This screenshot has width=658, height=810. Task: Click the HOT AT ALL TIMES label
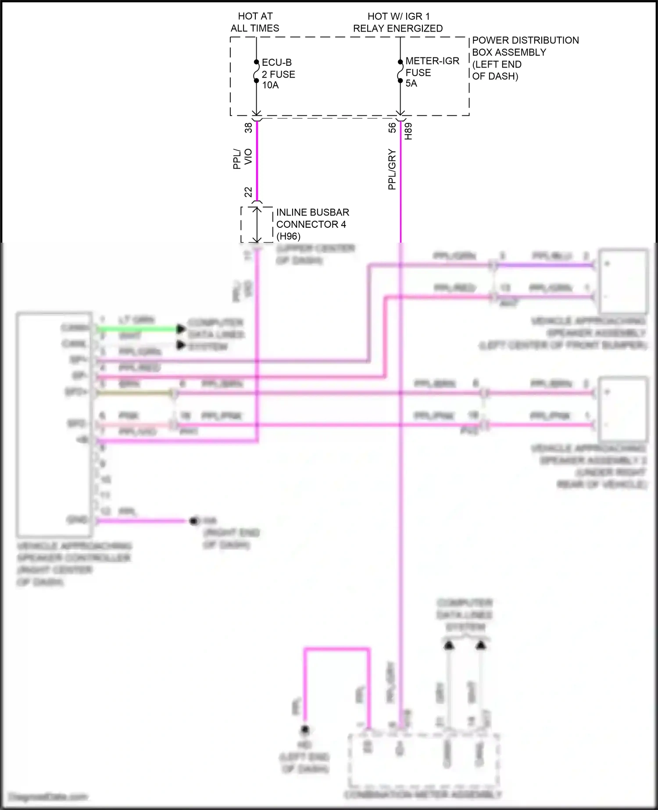[255, 22]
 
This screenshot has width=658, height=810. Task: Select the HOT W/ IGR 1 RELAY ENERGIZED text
[398, 22]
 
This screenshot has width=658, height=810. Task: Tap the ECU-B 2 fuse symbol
[256, 72]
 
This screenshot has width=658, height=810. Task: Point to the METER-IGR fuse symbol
[400, 71]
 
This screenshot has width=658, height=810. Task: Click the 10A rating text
[270, 85]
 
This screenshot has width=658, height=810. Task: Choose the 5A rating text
[411, 83]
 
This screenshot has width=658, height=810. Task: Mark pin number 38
[249, 128]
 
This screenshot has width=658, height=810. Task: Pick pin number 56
[392, 128]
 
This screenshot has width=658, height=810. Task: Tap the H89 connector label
[408, 131]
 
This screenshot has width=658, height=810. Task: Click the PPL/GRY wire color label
[392, 169]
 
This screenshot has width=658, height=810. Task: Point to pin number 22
[249, 192]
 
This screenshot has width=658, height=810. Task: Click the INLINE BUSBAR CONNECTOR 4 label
[312, 218]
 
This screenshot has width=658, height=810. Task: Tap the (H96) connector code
[288, 237]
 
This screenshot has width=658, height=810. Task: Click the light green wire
[136, 329]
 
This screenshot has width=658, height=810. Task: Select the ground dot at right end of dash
[193, 521]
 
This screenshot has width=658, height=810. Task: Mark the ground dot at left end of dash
[305, 730]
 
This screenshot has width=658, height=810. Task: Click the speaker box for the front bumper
[623, 280]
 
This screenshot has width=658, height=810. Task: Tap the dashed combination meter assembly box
[424, 762]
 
